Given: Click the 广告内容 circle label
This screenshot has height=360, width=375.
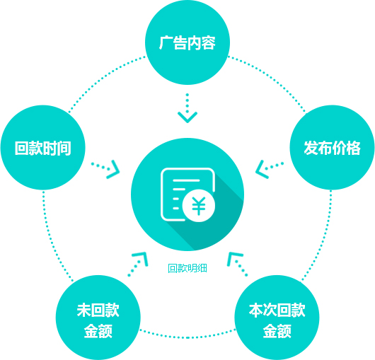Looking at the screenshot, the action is tap(187, 43).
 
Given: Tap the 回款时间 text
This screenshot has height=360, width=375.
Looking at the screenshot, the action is tap(43, 149).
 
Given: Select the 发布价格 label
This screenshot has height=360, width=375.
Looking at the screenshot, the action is tap(332, 149).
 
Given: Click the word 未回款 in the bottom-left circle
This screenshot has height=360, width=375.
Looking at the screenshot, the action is tap(98, 310).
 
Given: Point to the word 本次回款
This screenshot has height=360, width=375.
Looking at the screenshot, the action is tap(277, 310).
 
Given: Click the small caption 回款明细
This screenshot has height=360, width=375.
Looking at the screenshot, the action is tap(187, 268).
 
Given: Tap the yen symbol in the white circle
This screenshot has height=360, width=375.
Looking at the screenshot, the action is tap(199, 206).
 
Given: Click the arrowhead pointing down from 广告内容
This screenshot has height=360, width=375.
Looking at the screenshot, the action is tap(187, 117).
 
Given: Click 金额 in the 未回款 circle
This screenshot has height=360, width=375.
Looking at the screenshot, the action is tap(98, 331).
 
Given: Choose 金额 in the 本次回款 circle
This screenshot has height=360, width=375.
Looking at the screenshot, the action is tap(277, 331).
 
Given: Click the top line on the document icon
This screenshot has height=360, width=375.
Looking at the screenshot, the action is tap(186, 180).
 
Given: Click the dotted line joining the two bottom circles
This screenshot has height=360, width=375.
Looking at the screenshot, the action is tap(187, 337).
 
